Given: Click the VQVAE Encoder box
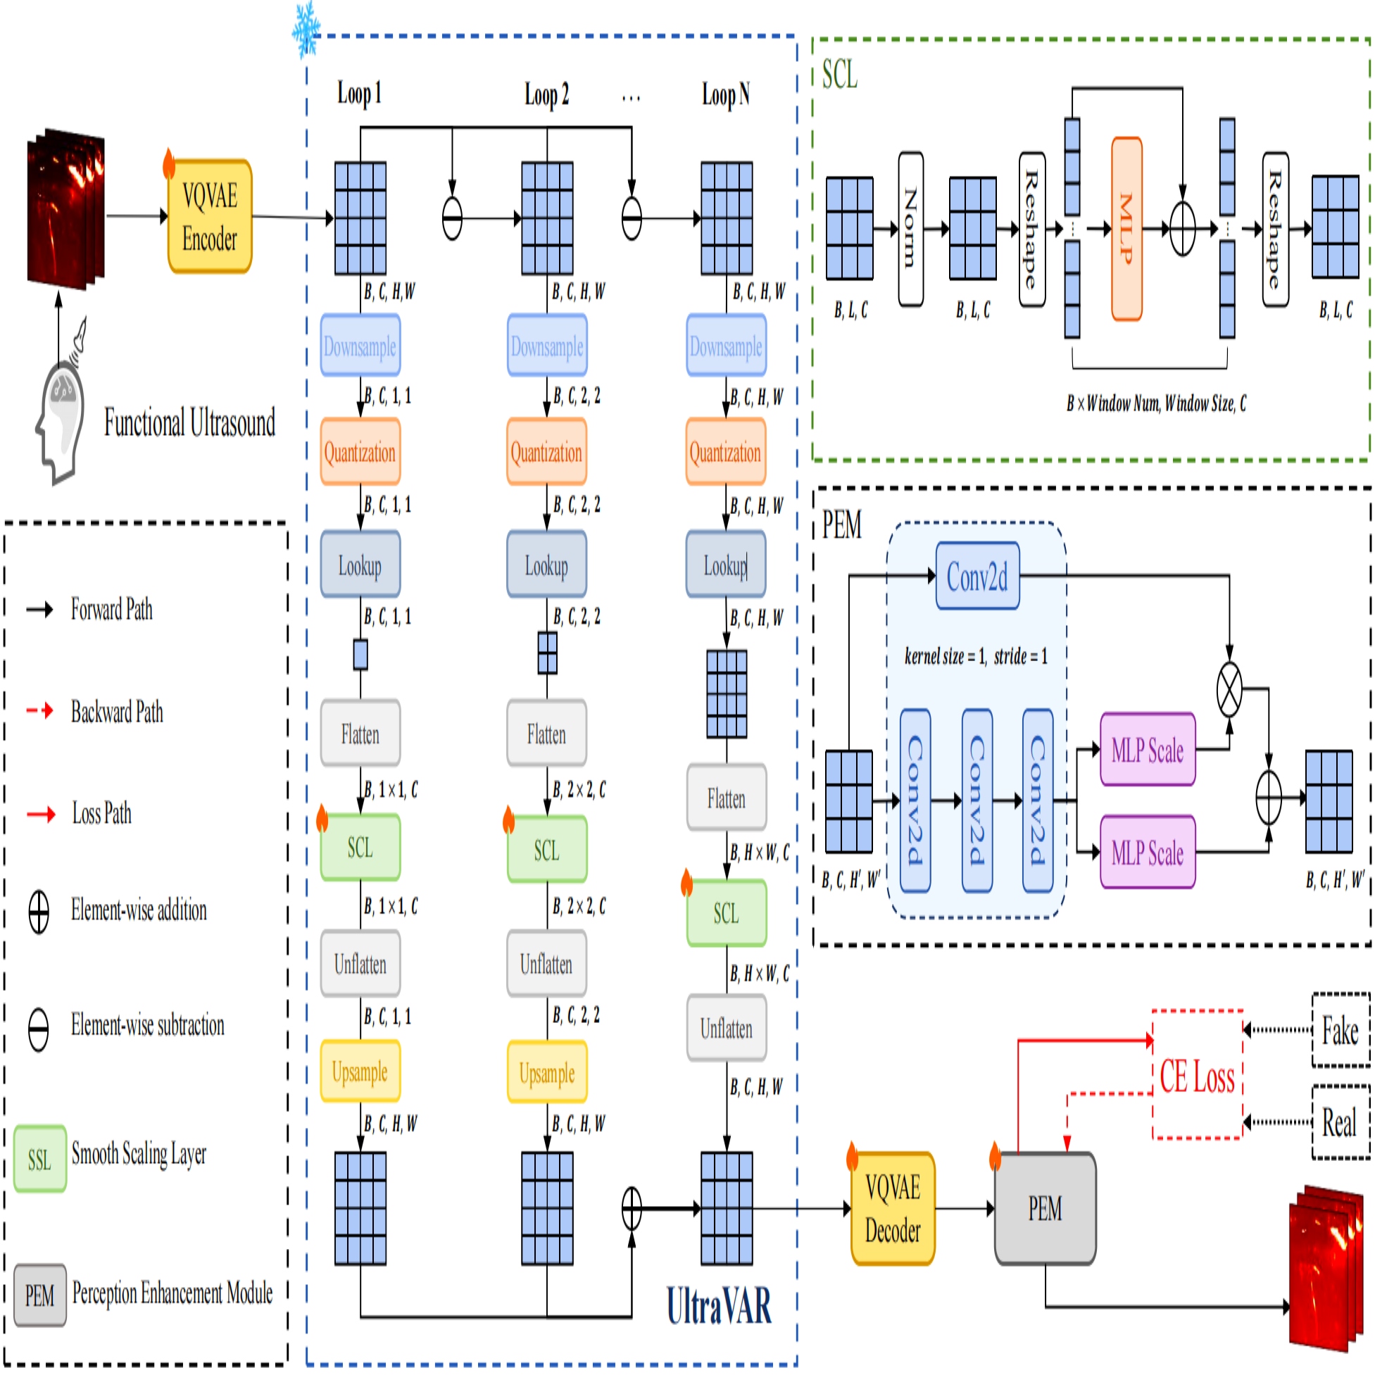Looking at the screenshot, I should point(209,216).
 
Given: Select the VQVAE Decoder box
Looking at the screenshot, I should point(893,1208).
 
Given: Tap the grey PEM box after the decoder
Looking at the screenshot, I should point(1045,1208).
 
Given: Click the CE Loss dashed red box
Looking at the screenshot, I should point(1198,1074).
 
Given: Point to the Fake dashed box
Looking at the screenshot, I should point(1340,1030).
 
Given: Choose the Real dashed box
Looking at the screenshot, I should point(1340,1122).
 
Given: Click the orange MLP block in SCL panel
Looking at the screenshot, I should point(1126,228).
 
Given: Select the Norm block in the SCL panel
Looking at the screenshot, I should point(910,228).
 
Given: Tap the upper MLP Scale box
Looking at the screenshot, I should point(1148,749).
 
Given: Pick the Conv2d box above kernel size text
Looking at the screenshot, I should point(977,576).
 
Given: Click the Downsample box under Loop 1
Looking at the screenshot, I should point(360,346).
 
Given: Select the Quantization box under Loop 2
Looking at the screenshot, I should point(546,452).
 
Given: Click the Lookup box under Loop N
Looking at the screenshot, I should point(726,566).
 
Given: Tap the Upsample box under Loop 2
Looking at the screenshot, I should point(546,1072).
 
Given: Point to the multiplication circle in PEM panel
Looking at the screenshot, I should point(1229,690).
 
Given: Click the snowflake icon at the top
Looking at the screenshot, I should point(307,28).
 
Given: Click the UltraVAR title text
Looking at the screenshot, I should point(719,1305).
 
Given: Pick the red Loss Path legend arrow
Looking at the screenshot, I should point(41,814).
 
